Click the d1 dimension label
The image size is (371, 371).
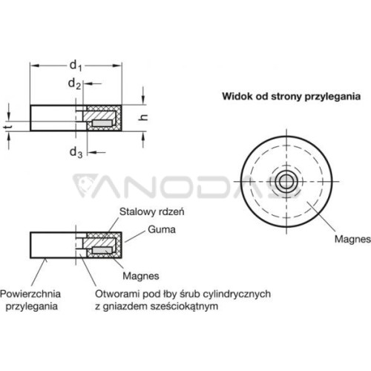click(x=76, y=66)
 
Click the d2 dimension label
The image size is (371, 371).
click(x=74, y=84)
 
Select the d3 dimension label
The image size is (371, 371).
click(x=76, y=152)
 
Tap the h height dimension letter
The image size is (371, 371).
click(x=143, y=117)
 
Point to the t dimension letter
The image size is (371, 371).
click(x=8, y=127)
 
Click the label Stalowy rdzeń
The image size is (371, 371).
click(x=152, y=211)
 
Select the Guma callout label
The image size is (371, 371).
click(x=162, y=229)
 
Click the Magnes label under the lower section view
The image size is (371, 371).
click(x=141, y=276)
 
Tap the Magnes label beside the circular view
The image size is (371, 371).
click(x=352, y=239)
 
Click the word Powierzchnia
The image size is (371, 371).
click(x=30, y=294)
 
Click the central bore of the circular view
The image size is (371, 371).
click(x=286, y=182)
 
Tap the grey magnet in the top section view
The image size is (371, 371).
click(x=102, y=123)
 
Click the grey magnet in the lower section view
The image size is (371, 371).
click(x=102, y=250)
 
